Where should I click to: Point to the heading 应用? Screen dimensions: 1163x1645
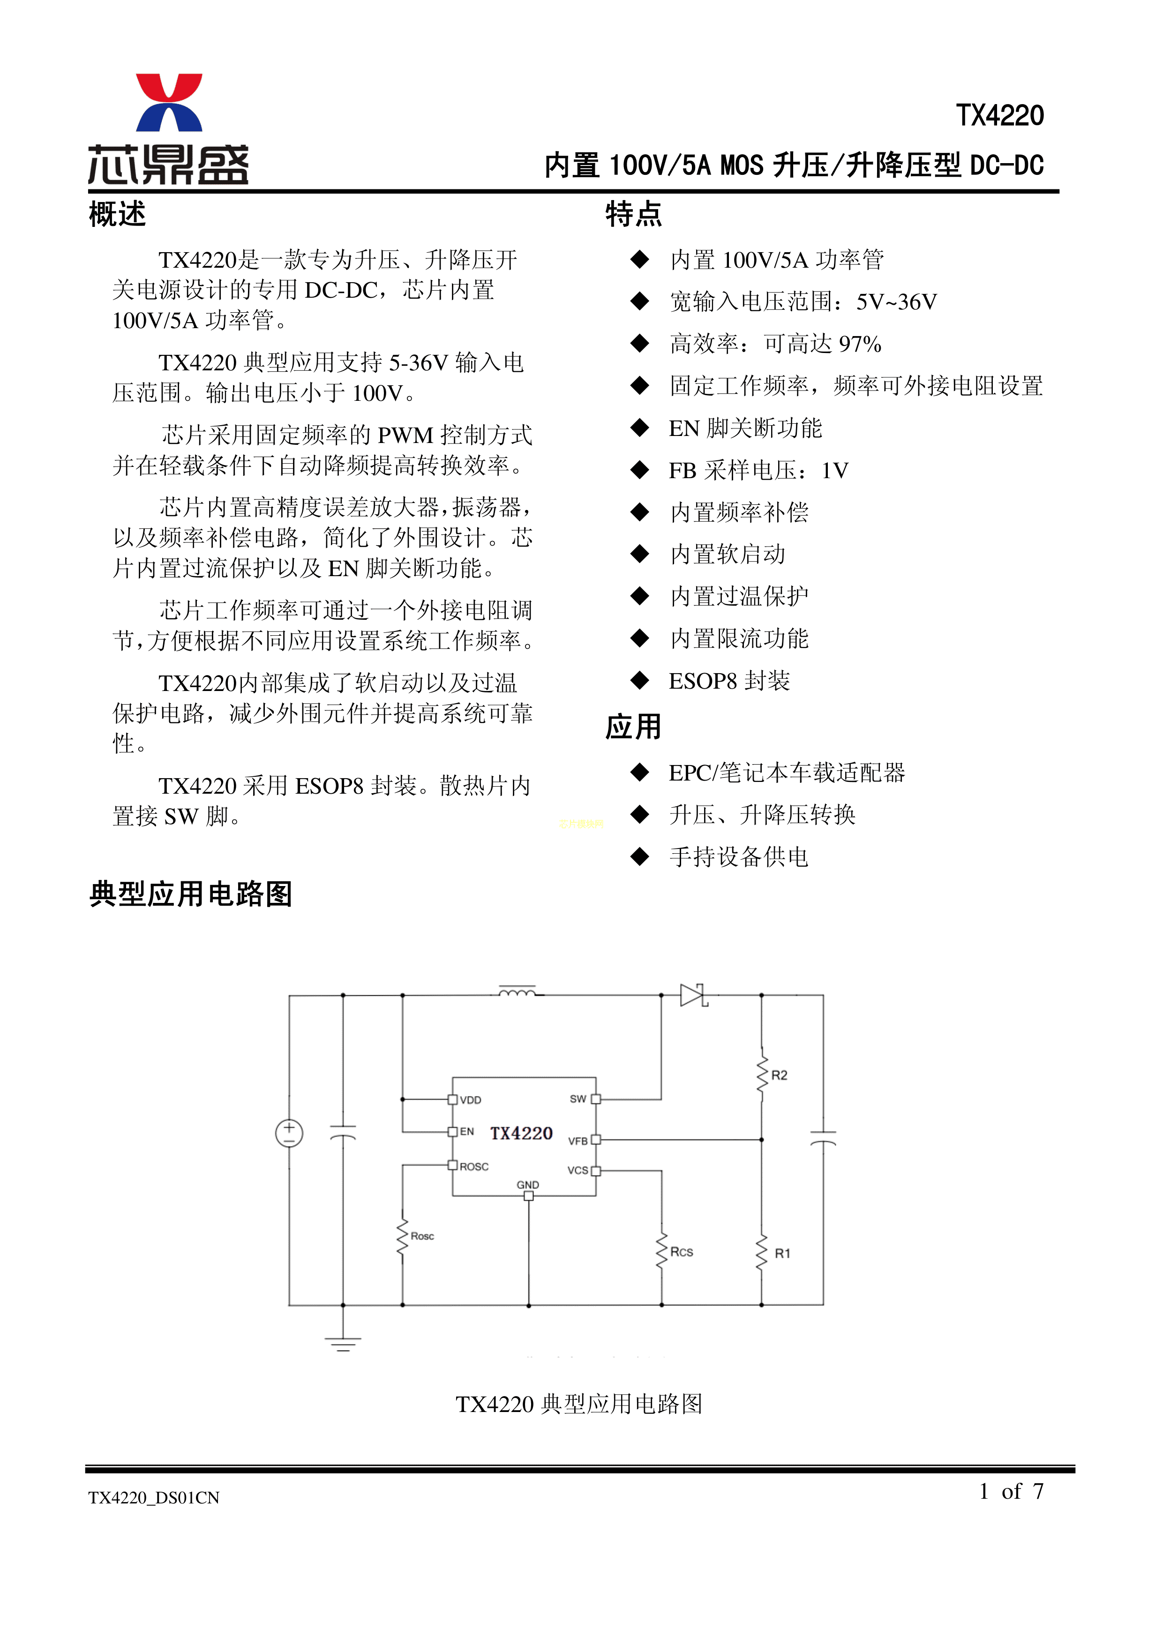pos(633,727)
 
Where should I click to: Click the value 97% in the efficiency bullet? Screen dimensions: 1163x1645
pos(860,344)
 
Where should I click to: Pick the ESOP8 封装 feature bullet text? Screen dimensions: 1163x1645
pos(729,681)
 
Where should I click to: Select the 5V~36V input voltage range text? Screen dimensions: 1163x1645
pos(896,301)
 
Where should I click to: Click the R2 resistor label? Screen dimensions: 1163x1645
pos(779,1075)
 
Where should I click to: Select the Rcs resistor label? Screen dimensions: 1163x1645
pos(682,1252)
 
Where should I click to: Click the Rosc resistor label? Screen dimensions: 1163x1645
pos(422,1236)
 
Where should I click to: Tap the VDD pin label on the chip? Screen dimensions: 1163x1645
pos(471,1100)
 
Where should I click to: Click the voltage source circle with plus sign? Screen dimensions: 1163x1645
pos(290,1134)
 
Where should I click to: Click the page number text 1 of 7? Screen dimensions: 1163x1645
pos(1011,1492)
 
